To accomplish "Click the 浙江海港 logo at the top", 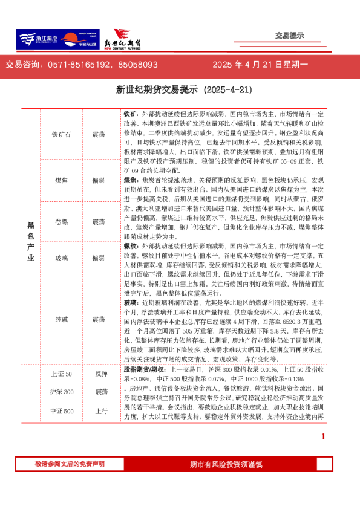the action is (x=38, y=39).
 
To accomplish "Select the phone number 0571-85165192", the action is (x=78, y=65).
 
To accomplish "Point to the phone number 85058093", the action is (x=138, y=65).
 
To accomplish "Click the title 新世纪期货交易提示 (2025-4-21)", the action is (x=183, y=90).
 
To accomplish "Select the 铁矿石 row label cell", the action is (x=61, y=135).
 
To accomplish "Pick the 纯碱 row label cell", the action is (x=61, y=319).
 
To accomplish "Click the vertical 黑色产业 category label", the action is (x=31, y=242).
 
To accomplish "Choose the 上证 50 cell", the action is (x=61, y=375).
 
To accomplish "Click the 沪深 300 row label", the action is (x=61, y=392).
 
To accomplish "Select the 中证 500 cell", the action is (x=61, y=412).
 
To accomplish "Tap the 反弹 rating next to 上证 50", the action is (x=101, y=375).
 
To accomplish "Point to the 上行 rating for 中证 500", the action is (x=101, y=412).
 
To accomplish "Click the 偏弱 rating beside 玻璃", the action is (x=99, y=258).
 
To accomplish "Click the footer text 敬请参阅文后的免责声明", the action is (x=70, y=464).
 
